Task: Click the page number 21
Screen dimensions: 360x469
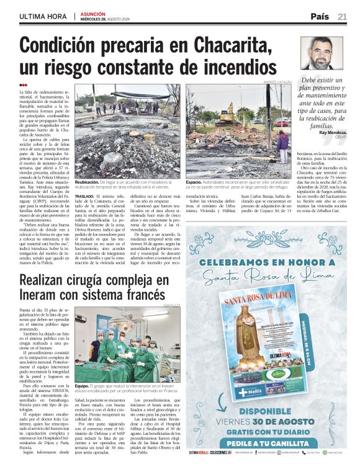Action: coord(342,17)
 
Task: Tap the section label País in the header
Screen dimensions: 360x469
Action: coord(320,17)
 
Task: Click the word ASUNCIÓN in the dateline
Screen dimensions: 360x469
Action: coord(93,14)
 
